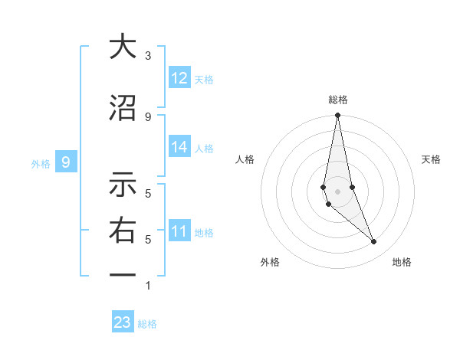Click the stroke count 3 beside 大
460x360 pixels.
[x=148, y=56]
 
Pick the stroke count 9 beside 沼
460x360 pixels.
[x=148, y=116]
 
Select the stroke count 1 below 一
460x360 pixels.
[x=148, y=286]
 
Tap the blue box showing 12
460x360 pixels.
[x=179, y=78]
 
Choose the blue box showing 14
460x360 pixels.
[x=179, y=147]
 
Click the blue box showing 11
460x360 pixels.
[x=179, y=231]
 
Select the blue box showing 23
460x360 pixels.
[x=123, y=322]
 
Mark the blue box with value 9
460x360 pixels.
[x=66, y=162]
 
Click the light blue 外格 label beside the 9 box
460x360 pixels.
[x=41, y=163]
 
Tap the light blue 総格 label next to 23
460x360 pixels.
[x=147, y=324]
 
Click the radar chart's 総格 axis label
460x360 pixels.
[x=337, y=100]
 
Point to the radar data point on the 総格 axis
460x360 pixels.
[x=337, y=116]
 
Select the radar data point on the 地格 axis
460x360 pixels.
[x=374, y=242]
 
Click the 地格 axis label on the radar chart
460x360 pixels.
[x=402, y=262]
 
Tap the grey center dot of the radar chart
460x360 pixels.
[x=337, y=191]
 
